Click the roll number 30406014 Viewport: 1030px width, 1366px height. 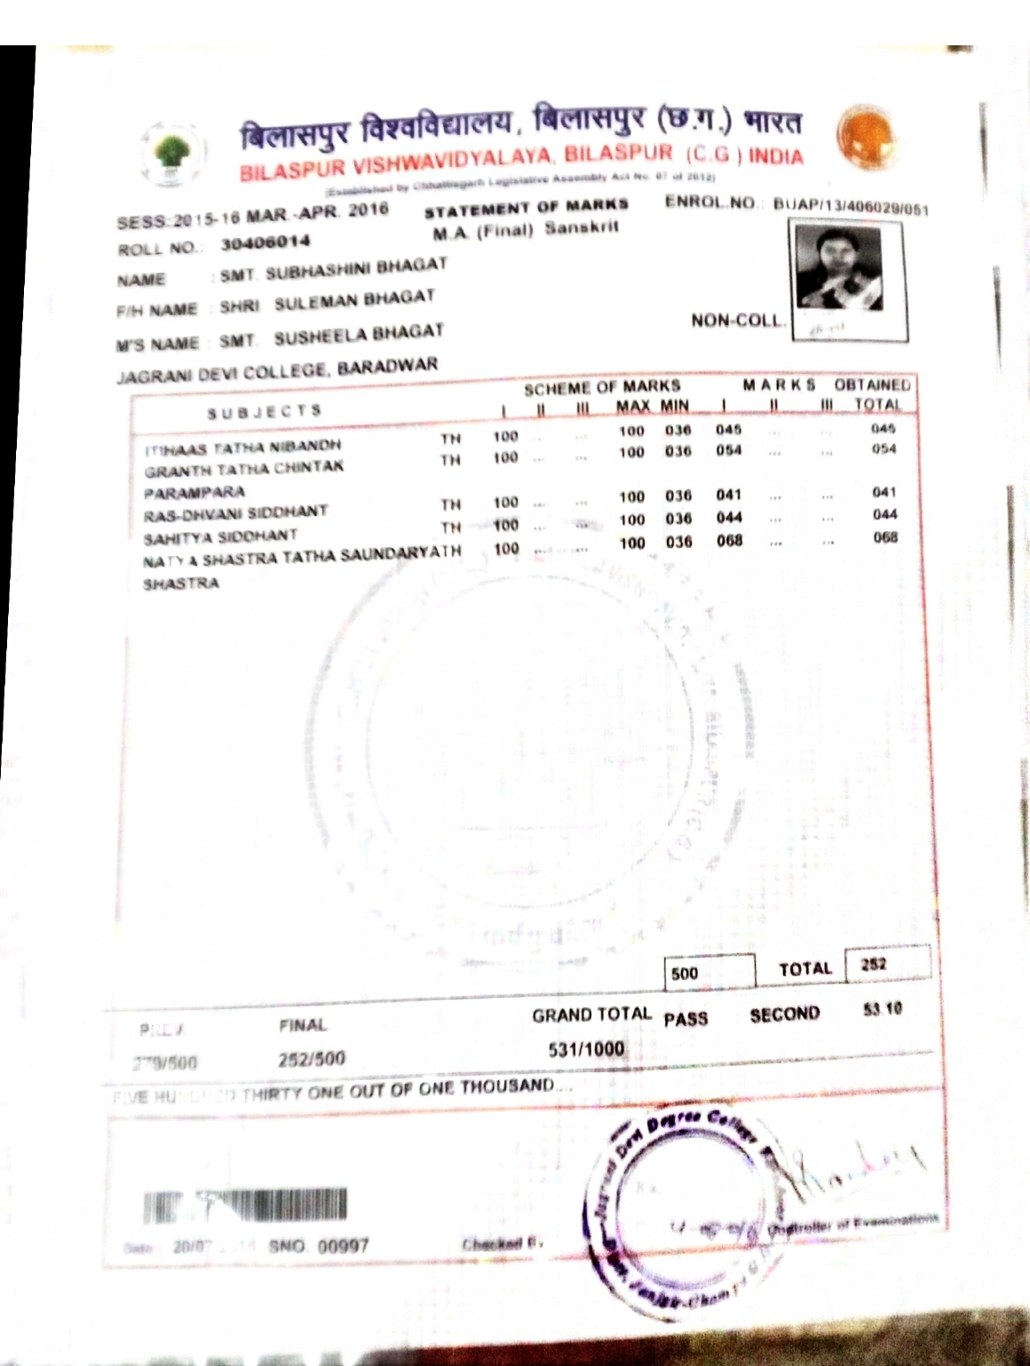click(265, 242)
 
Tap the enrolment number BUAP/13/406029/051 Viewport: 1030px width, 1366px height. click(850, 206)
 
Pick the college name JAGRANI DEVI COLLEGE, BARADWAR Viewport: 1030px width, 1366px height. click(277, 369)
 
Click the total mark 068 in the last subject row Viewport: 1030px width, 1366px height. click(885, 537)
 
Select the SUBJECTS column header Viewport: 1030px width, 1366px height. click(264, 411)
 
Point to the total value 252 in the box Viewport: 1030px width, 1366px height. click(874, 964)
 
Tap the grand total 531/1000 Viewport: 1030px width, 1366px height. click(586, 1049)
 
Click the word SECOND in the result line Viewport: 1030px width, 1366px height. click(784, 1014)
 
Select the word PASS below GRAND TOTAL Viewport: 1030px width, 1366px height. click(685, 1019)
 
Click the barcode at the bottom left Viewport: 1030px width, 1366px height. click(245, 1206)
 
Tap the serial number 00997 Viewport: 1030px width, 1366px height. click(343, 1245)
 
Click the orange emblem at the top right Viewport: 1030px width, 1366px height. click(867, 138)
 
